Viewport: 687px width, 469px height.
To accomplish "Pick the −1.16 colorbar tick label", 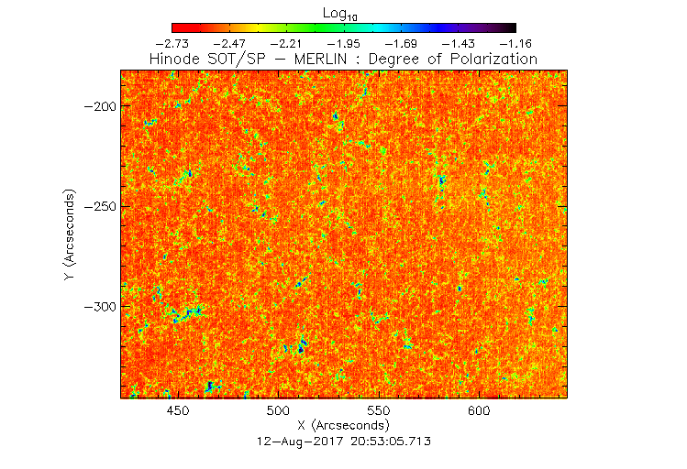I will (515, 43).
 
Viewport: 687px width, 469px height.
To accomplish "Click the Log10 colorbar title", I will (342, 13).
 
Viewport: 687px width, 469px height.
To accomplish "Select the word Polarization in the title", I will (492, 59).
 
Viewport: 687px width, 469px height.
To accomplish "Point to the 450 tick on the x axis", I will (178, 411).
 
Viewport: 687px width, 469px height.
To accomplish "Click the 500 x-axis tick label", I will (278, 411).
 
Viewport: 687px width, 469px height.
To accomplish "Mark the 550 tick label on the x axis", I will (379, 411).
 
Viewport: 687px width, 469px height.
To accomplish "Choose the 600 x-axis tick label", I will (479, 411).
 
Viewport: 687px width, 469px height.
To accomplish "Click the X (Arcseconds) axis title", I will (343, 426).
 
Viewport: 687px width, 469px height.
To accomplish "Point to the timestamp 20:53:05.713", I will (383, 441).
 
